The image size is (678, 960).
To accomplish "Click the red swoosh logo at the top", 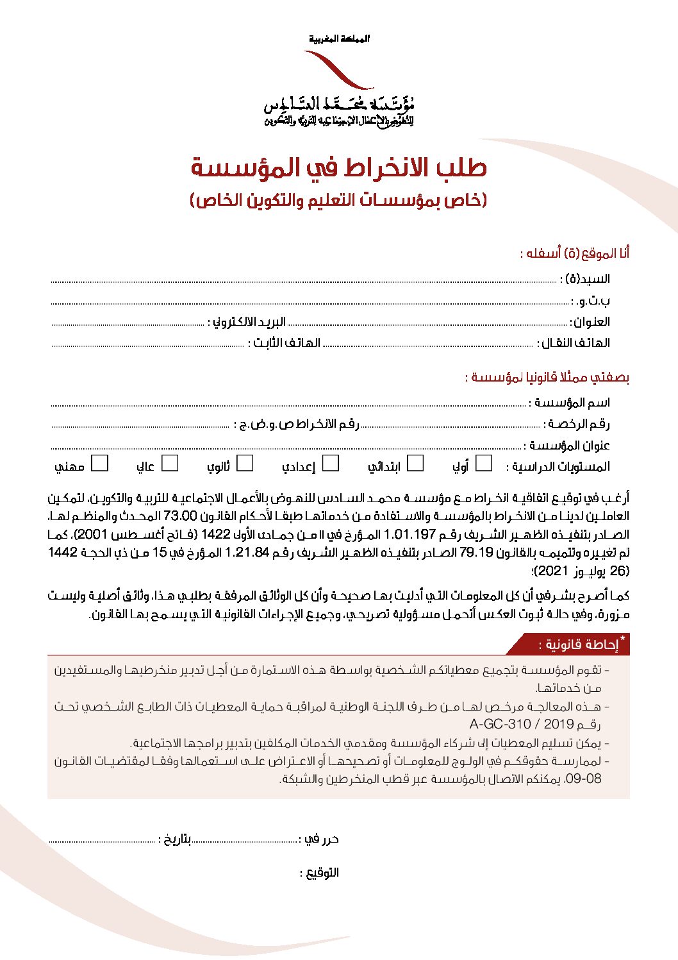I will [339, 70].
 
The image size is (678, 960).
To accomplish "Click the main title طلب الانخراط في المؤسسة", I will [339, 168].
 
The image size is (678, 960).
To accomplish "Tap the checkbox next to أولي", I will [484, 463].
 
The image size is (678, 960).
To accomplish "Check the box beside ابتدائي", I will [415, 463].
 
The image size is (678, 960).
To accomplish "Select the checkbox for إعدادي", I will [331, 463].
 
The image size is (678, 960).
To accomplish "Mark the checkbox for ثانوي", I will [245, 463].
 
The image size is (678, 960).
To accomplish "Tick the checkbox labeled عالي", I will [170, 463].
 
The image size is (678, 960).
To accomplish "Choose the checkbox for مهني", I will [100, 463].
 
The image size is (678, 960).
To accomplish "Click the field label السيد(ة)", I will [585, 279].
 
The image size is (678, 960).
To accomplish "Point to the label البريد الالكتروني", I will [247, 322].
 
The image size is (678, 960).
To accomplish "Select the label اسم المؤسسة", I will [569, 403].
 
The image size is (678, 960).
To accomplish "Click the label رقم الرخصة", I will [577, 424].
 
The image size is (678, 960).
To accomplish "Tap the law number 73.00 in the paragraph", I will [180, 516].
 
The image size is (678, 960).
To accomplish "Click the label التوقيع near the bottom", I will [320, 873].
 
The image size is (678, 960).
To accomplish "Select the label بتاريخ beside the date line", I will [174, 839].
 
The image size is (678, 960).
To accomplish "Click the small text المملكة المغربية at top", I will [339, 39].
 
